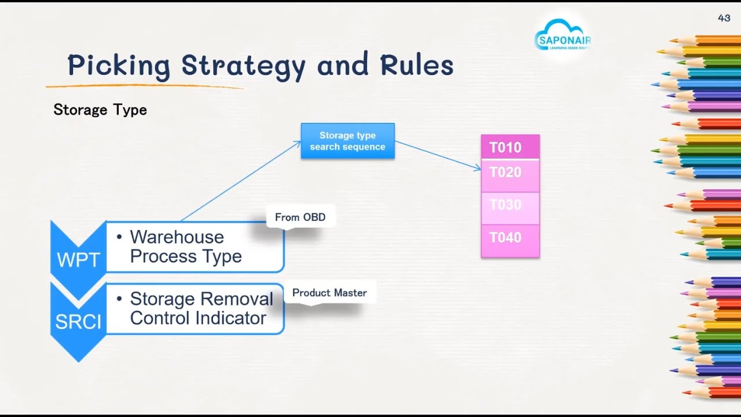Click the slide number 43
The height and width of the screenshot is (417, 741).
(724, 18)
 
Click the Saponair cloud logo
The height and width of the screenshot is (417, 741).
(562, 36)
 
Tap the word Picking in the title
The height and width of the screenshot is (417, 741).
(119, 65)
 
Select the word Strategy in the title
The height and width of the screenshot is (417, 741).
(243, 65)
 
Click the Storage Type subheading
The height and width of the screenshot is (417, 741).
(100, 109)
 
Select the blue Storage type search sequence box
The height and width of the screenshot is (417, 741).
(347, 141)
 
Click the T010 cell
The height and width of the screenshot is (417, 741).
(510, 147)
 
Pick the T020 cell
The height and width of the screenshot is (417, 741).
(510, 173)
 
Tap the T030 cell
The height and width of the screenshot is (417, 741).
(510, 205)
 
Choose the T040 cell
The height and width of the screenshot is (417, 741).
(510, 237)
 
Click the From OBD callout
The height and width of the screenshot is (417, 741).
(300, 217)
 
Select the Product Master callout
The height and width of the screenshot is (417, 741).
(329, 292)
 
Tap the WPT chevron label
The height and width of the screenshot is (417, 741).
(78, 260)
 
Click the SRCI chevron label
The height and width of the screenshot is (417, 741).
(78, 321)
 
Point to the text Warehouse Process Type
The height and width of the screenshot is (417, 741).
(185, 247)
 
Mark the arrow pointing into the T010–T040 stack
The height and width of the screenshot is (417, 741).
(438, 155)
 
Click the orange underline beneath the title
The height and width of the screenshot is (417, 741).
(145, 86)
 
